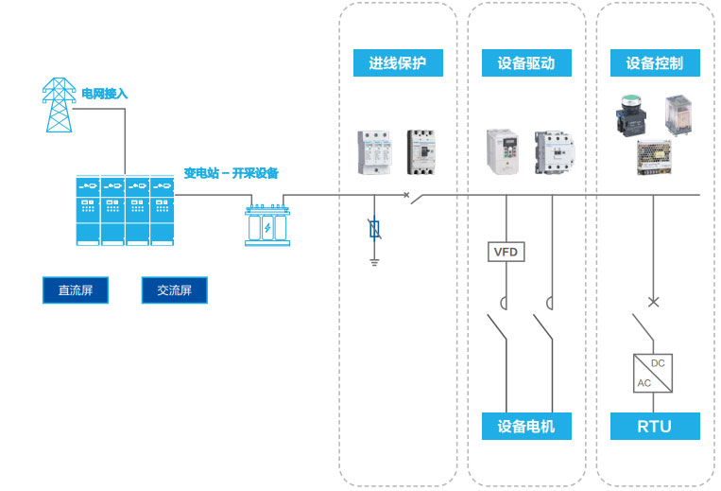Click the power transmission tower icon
[x=60, y=104]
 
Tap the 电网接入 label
[x=104, y=94]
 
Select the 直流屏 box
[x=76, y=290]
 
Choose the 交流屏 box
[x=174, y=290]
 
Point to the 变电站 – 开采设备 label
[x=231, y=173]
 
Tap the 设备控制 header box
[x=654, y=64]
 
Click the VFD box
[x=506, y=252]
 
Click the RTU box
[x=654, y=426]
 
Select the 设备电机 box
[x=525, y=426]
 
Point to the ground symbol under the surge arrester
[x=374, y=260]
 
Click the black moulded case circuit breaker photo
[x=421, y=152]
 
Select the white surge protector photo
[x=374, y=151]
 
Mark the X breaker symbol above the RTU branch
[x=652, y=303]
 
